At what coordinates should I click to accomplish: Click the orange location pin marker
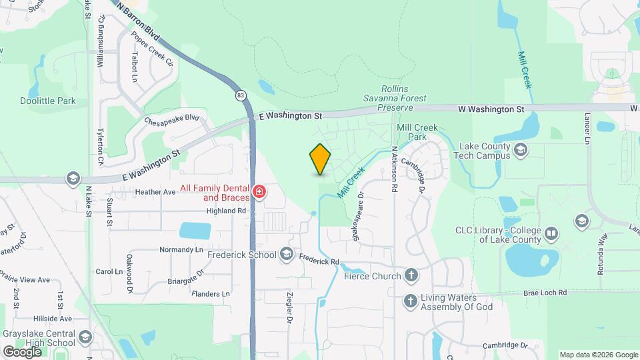(x=320, y=159)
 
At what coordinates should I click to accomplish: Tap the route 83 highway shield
(x=240, y=95)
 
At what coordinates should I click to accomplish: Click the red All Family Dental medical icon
(x=259, y=193)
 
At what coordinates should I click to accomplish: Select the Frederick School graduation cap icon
(x=287, y=254)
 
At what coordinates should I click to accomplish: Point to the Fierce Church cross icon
(x=412, y=275)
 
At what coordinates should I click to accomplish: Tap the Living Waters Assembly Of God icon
(x=410, y=302)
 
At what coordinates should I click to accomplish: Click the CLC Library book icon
(x=551, y=234)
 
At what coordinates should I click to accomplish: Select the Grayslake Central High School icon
(x=84, y=338)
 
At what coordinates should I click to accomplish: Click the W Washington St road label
(x=491, y=109)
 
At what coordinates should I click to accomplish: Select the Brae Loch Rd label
(x=545, y=293)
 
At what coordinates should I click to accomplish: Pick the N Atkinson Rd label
(x=395, y=169)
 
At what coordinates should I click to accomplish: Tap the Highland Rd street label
(x=227, y=211)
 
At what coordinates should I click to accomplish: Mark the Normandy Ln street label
(x=181, y=249)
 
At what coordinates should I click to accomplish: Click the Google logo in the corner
(x=22, y=351)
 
